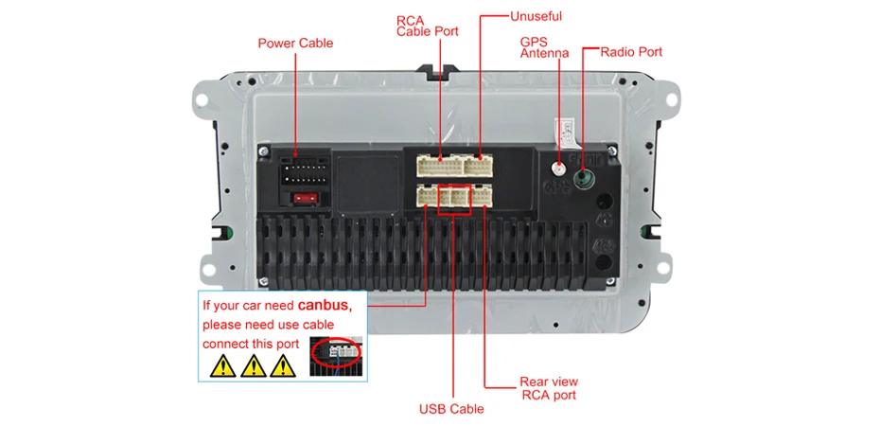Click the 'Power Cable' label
295,43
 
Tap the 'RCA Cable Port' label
427,26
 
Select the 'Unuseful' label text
536,16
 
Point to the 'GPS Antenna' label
544,47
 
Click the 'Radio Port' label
631,52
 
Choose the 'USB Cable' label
451,409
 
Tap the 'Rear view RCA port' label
549,388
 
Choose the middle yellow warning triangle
254,365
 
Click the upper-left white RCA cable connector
438,166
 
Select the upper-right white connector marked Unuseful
479,166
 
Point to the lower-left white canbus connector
428,197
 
